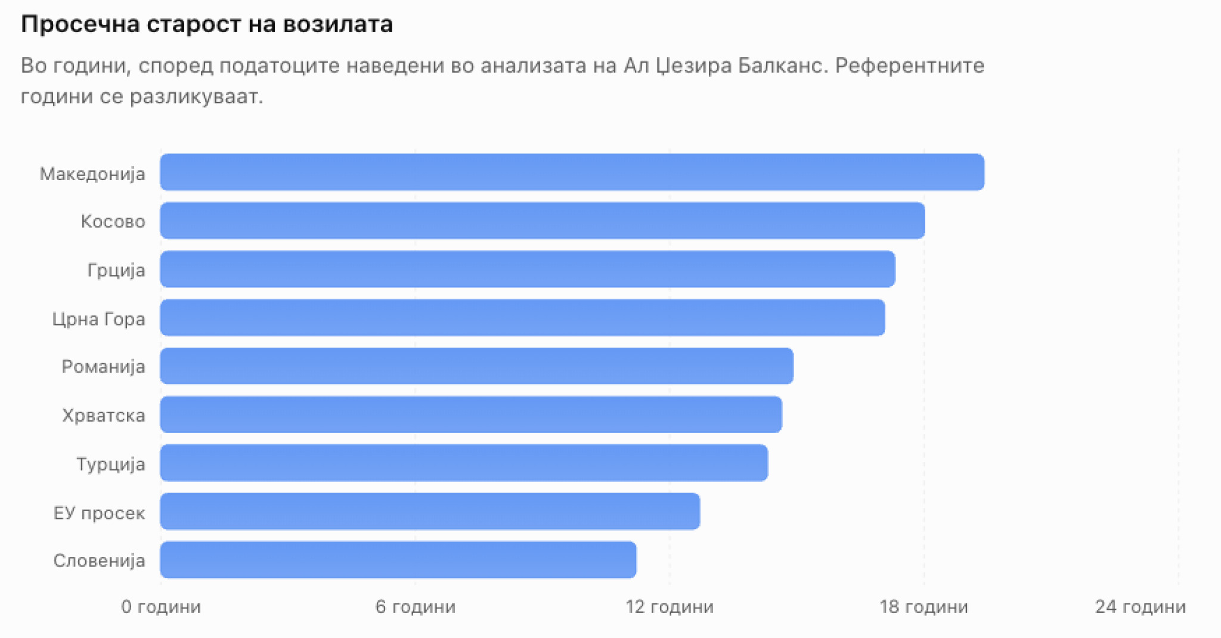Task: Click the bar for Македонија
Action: pyautogui.click(x=572, y=172)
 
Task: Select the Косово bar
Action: pyautogui.click(x=543, y=221)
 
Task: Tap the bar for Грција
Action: pyautogui.click(x=528, y=269)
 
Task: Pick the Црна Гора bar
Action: pyautogui.click(x=523, y=317)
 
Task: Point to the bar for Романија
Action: pyautogui.click(x=477, y=366)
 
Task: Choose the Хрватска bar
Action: pyautogui.click(x=471, y=414)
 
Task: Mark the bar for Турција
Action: pyautogui.click(x=464, y=463)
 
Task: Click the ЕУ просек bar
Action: pyautogui.click(x=430, y=511)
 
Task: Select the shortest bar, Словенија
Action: pyautogui.click(x=398, y=559)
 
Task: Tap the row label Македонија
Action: pyautogui.click(x=92, y=174)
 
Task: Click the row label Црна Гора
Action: pyautogui.click(x=98, y=319)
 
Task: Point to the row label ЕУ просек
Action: pyautogui.click(x=99, y=513)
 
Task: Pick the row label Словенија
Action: pyautogui.click(x=99, y=560)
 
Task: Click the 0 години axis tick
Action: pyautogui.click(x=161, y=606)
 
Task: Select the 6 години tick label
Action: pyautogui.click(x=416, y=606)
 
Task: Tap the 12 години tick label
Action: pyautogui.click(x=670, y=606)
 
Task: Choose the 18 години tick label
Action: pyautogui.click(x=924, y=606)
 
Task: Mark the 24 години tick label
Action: pyautogui.click(x=1141, y=606)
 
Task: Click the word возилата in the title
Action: pyautogui.click(x=338, y=24)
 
